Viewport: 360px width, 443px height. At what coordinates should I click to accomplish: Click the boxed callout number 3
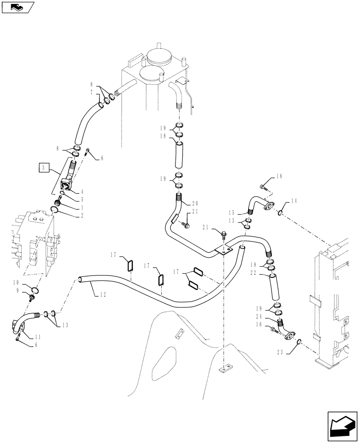(x=43, y=167)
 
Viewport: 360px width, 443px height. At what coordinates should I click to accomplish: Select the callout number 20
(x=196, y=204)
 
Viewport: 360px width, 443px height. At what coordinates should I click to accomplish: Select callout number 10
(x=27, y=282)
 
